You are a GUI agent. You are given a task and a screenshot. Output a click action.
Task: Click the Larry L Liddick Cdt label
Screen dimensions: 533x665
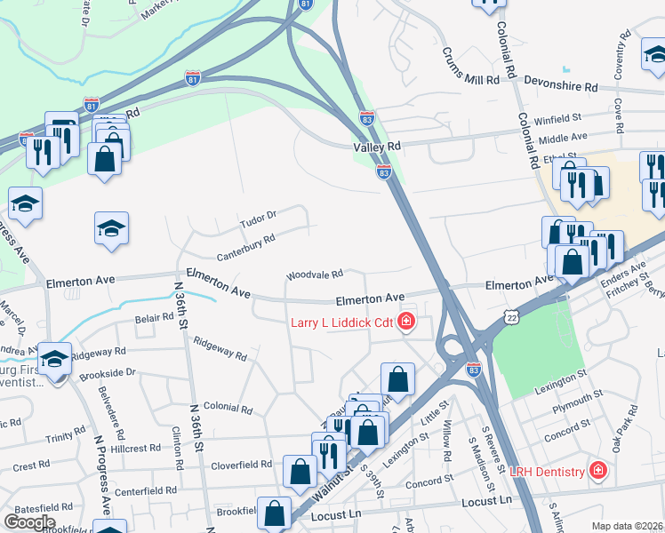(341, 322)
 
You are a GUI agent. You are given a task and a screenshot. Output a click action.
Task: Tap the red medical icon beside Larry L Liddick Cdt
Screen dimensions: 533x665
(406, 322)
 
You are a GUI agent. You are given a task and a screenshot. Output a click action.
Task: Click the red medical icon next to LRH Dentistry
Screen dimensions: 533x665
(598, 470)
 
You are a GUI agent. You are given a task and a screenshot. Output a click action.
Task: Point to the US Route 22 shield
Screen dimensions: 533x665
(509, 317)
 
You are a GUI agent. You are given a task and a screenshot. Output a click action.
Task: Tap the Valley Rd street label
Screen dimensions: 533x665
(377, 146)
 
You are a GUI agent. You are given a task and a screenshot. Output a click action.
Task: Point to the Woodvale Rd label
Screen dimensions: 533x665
(314, 275)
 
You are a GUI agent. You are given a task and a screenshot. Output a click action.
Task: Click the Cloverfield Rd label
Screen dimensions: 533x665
(241, 465)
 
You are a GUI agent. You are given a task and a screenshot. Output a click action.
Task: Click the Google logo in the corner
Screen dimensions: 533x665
(29, 522)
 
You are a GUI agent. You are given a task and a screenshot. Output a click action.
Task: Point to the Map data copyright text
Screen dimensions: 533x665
(627, 526)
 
